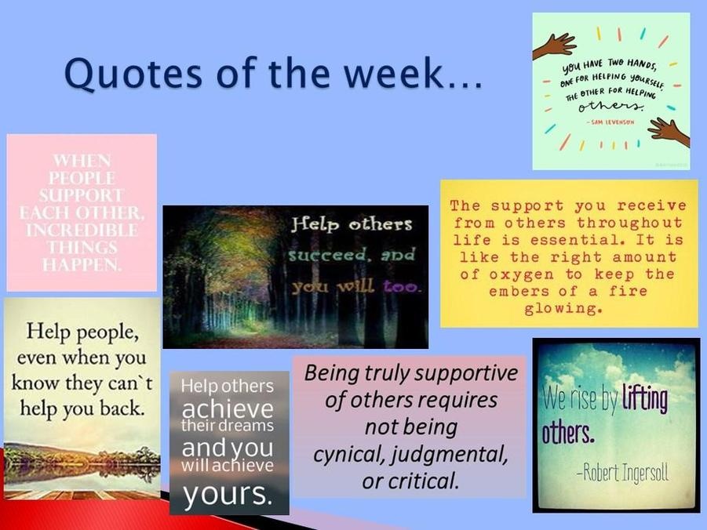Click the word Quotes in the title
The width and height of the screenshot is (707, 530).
[133, 74]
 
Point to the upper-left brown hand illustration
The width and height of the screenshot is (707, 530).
[555, 45]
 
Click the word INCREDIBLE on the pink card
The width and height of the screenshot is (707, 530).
[82, 230]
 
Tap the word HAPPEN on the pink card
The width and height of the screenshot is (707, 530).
[82, 264]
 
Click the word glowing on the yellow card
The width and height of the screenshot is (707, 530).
[563, 309]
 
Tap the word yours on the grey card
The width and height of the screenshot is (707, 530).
[228, 493]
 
